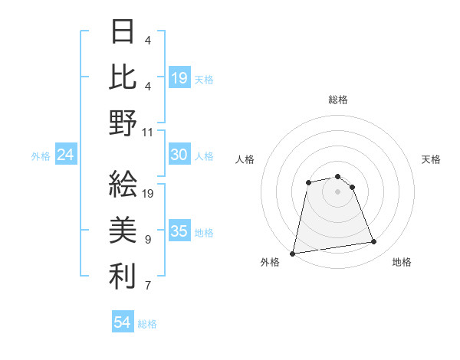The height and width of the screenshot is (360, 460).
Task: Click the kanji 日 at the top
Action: (123, 31)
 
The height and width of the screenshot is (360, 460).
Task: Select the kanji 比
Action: (123, 77)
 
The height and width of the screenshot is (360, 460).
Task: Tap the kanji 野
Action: (123, 123)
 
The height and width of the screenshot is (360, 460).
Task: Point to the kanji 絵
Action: (123, 183)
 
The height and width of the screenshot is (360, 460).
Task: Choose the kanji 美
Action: (123, 229)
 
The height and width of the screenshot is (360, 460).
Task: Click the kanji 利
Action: (123, 275)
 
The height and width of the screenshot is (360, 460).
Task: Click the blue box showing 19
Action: (179, 77)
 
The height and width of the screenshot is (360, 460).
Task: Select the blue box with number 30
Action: (179, 155)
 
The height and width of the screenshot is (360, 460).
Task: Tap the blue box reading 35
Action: (179, 231)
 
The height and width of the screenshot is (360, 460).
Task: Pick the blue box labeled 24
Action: (66, 155)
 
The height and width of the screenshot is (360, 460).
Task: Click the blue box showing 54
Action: (123, 322)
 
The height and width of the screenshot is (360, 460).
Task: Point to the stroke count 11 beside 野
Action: (148, 131)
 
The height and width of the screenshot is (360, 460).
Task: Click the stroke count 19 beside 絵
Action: (148, 193)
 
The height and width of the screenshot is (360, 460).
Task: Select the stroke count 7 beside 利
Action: (148, 286)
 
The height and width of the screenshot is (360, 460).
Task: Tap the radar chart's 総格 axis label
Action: (338, 100)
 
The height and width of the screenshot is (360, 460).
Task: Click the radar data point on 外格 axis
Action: (293, 254)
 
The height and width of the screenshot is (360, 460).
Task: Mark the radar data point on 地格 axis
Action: (374, 243)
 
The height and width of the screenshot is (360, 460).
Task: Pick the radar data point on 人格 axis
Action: (308, 182)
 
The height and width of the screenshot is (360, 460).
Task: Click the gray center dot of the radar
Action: (338, 191)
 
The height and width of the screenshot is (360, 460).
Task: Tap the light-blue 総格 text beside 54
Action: (147, 323)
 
